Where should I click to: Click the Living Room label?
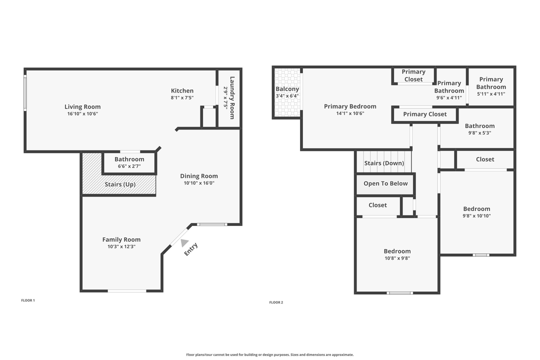pos(82,106)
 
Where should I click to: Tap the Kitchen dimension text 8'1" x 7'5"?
pos(182,98)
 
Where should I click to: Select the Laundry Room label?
pos(231,97)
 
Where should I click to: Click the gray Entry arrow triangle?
pos(184,243)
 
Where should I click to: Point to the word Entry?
pos(191,249)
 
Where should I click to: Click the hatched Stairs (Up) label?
pos(120,184)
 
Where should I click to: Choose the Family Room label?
pos(121,239)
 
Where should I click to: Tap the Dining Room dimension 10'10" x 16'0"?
pos(199,183)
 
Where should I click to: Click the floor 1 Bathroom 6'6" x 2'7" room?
pos(129,162)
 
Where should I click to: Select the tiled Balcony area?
pos(287,93)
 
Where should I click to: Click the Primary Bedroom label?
pos(350,106)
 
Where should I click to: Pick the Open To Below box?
pos(385,183)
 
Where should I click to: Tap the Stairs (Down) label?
pos(383,163)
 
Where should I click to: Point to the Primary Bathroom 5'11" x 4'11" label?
pos(491,86)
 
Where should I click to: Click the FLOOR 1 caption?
pos(28,300)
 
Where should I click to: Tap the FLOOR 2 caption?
pos(276,302)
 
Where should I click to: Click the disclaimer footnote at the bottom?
pos(270,354)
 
